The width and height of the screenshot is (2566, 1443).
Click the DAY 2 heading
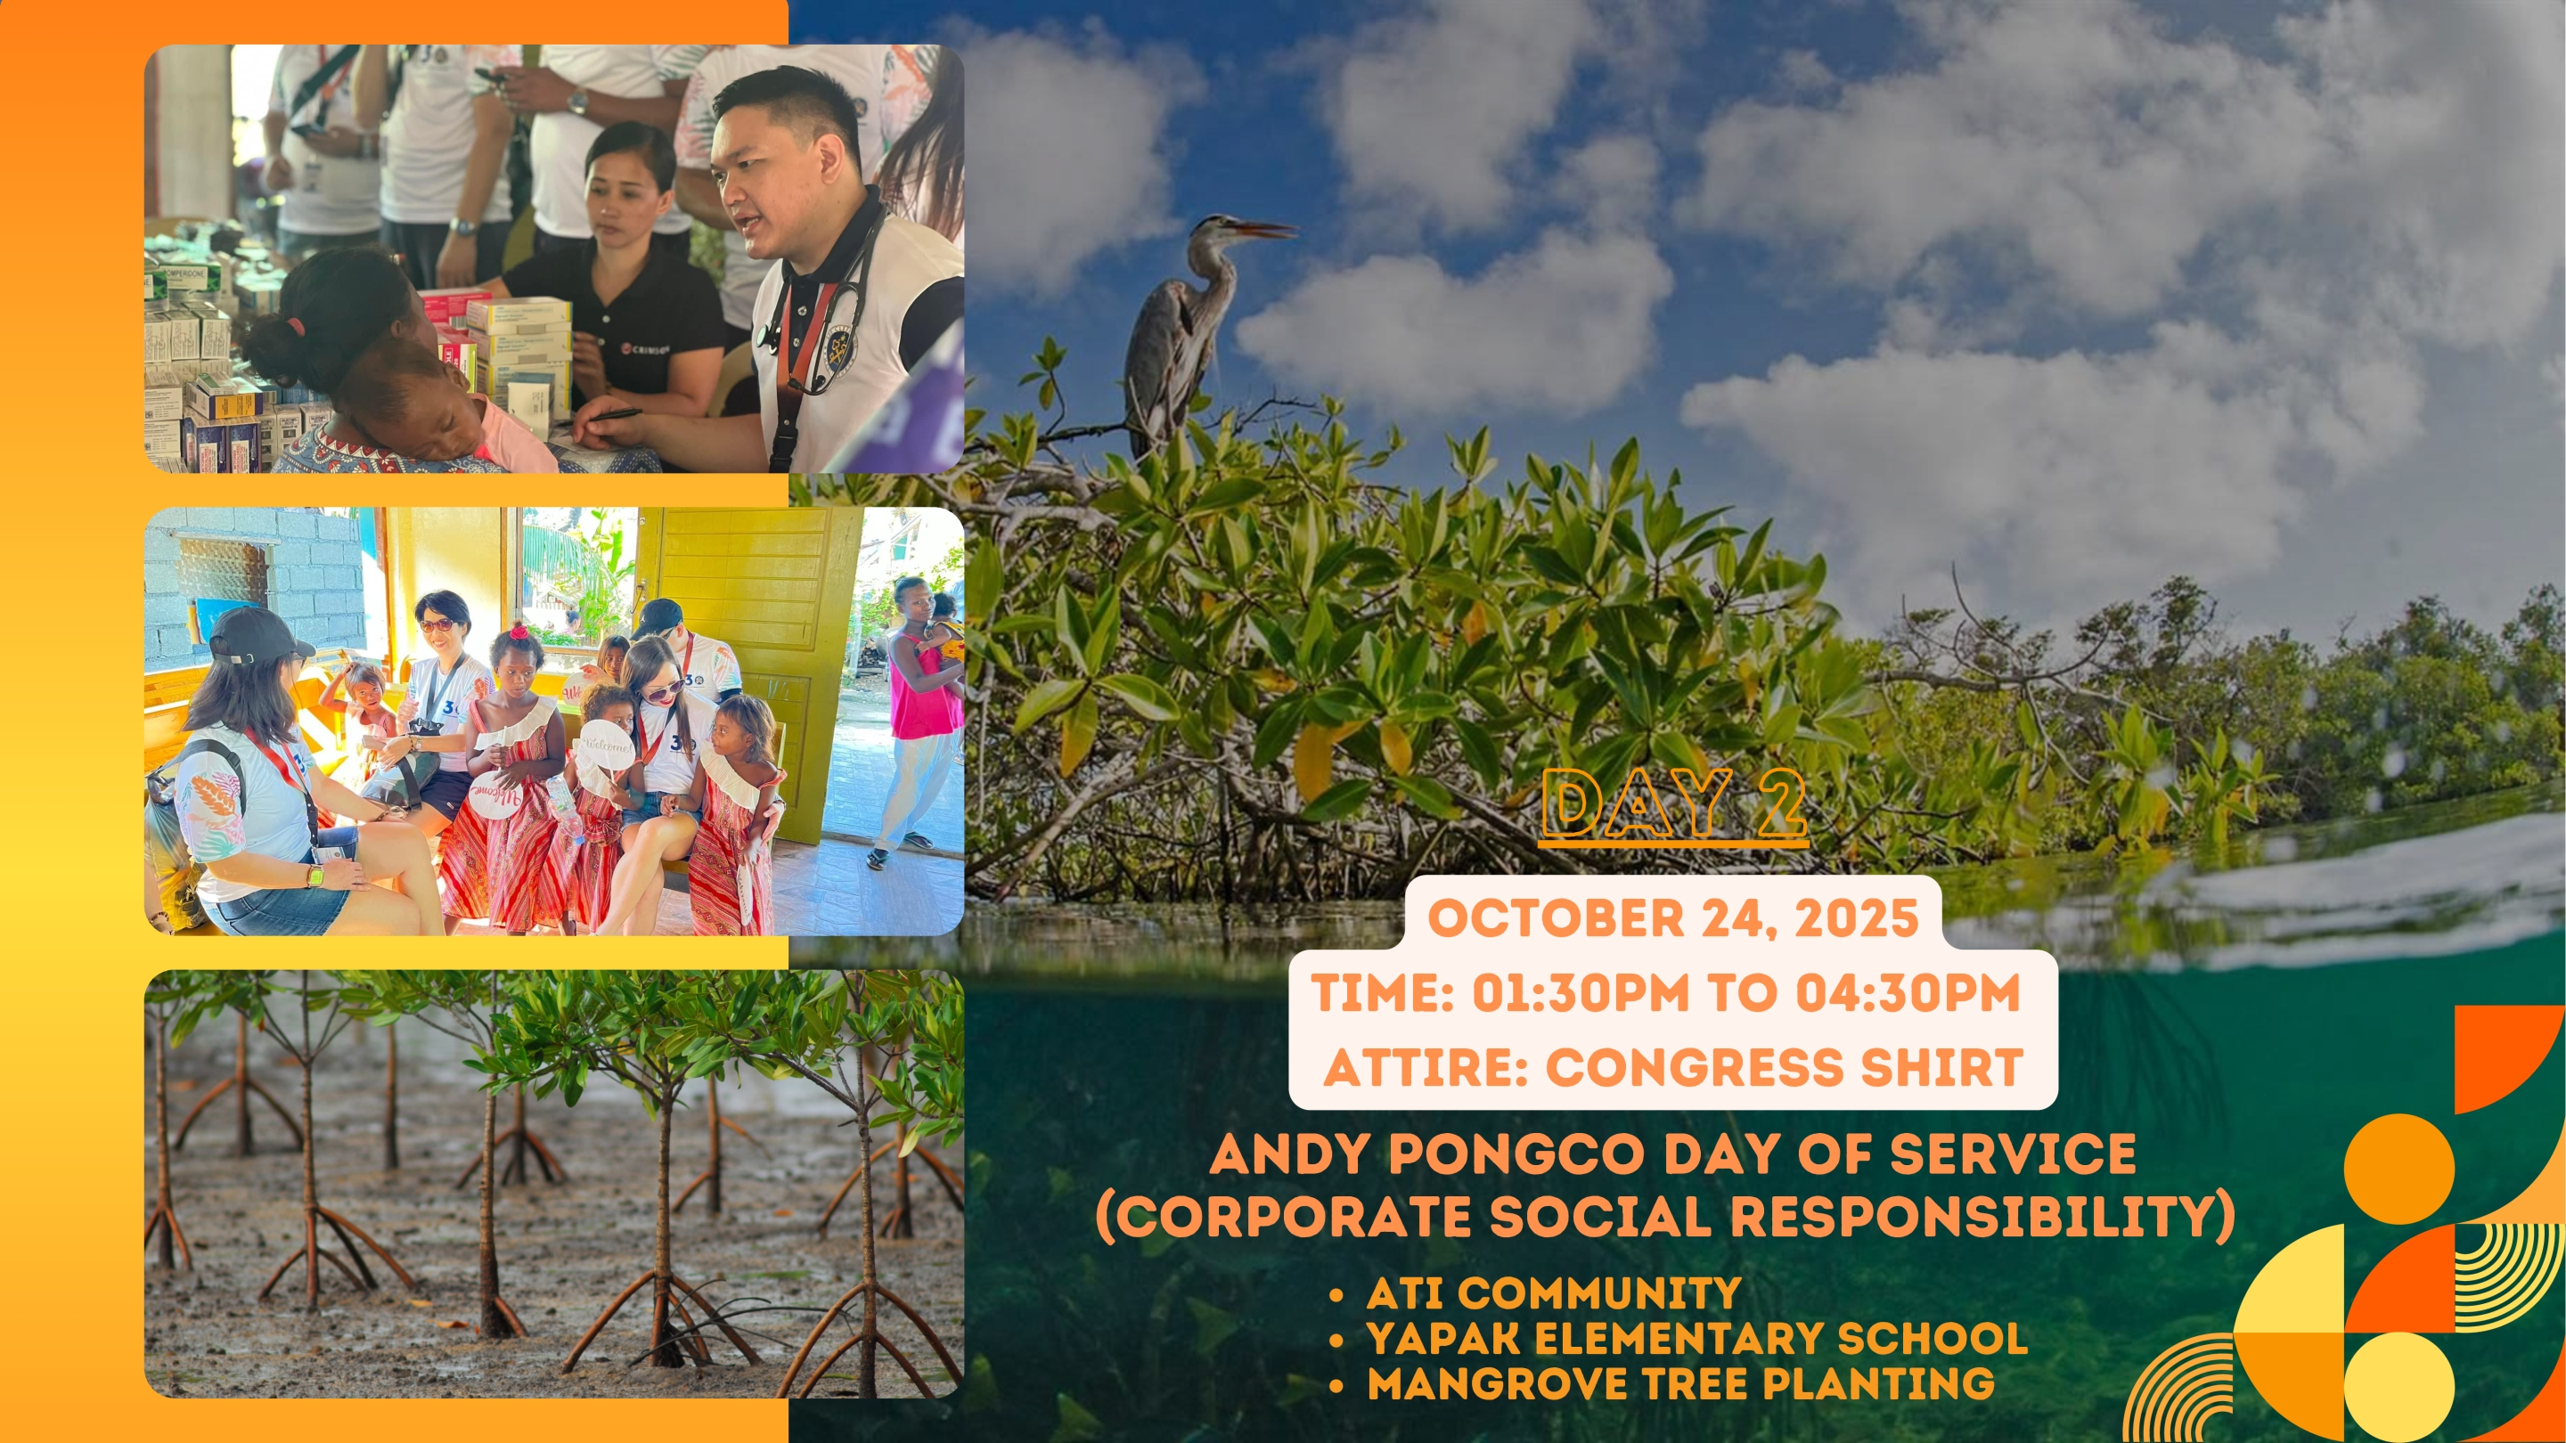(1673, 804)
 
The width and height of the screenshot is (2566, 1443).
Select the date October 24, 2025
(1673, 917)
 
